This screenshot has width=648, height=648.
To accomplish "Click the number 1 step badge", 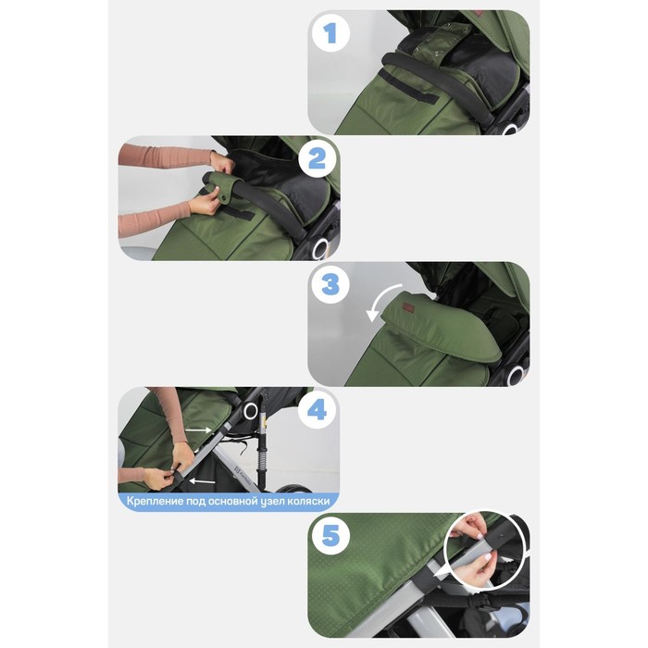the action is click(330, 33).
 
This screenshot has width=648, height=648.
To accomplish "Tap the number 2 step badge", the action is click(317, 159).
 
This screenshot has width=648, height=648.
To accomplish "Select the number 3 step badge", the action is click(330, 285).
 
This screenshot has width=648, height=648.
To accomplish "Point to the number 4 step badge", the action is click(317, 410).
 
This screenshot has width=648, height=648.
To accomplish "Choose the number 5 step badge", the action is click(330, 536).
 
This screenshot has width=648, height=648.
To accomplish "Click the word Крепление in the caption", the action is click(155, 502).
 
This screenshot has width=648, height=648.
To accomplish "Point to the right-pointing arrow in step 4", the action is click(199, 430).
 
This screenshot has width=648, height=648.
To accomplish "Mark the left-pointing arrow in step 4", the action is click(203, 481).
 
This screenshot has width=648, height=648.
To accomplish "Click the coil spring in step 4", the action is click(260, 463).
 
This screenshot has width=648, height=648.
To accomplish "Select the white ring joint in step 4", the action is click(251, 410).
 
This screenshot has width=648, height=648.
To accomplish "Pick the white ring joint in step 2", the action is click(320, 249).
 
